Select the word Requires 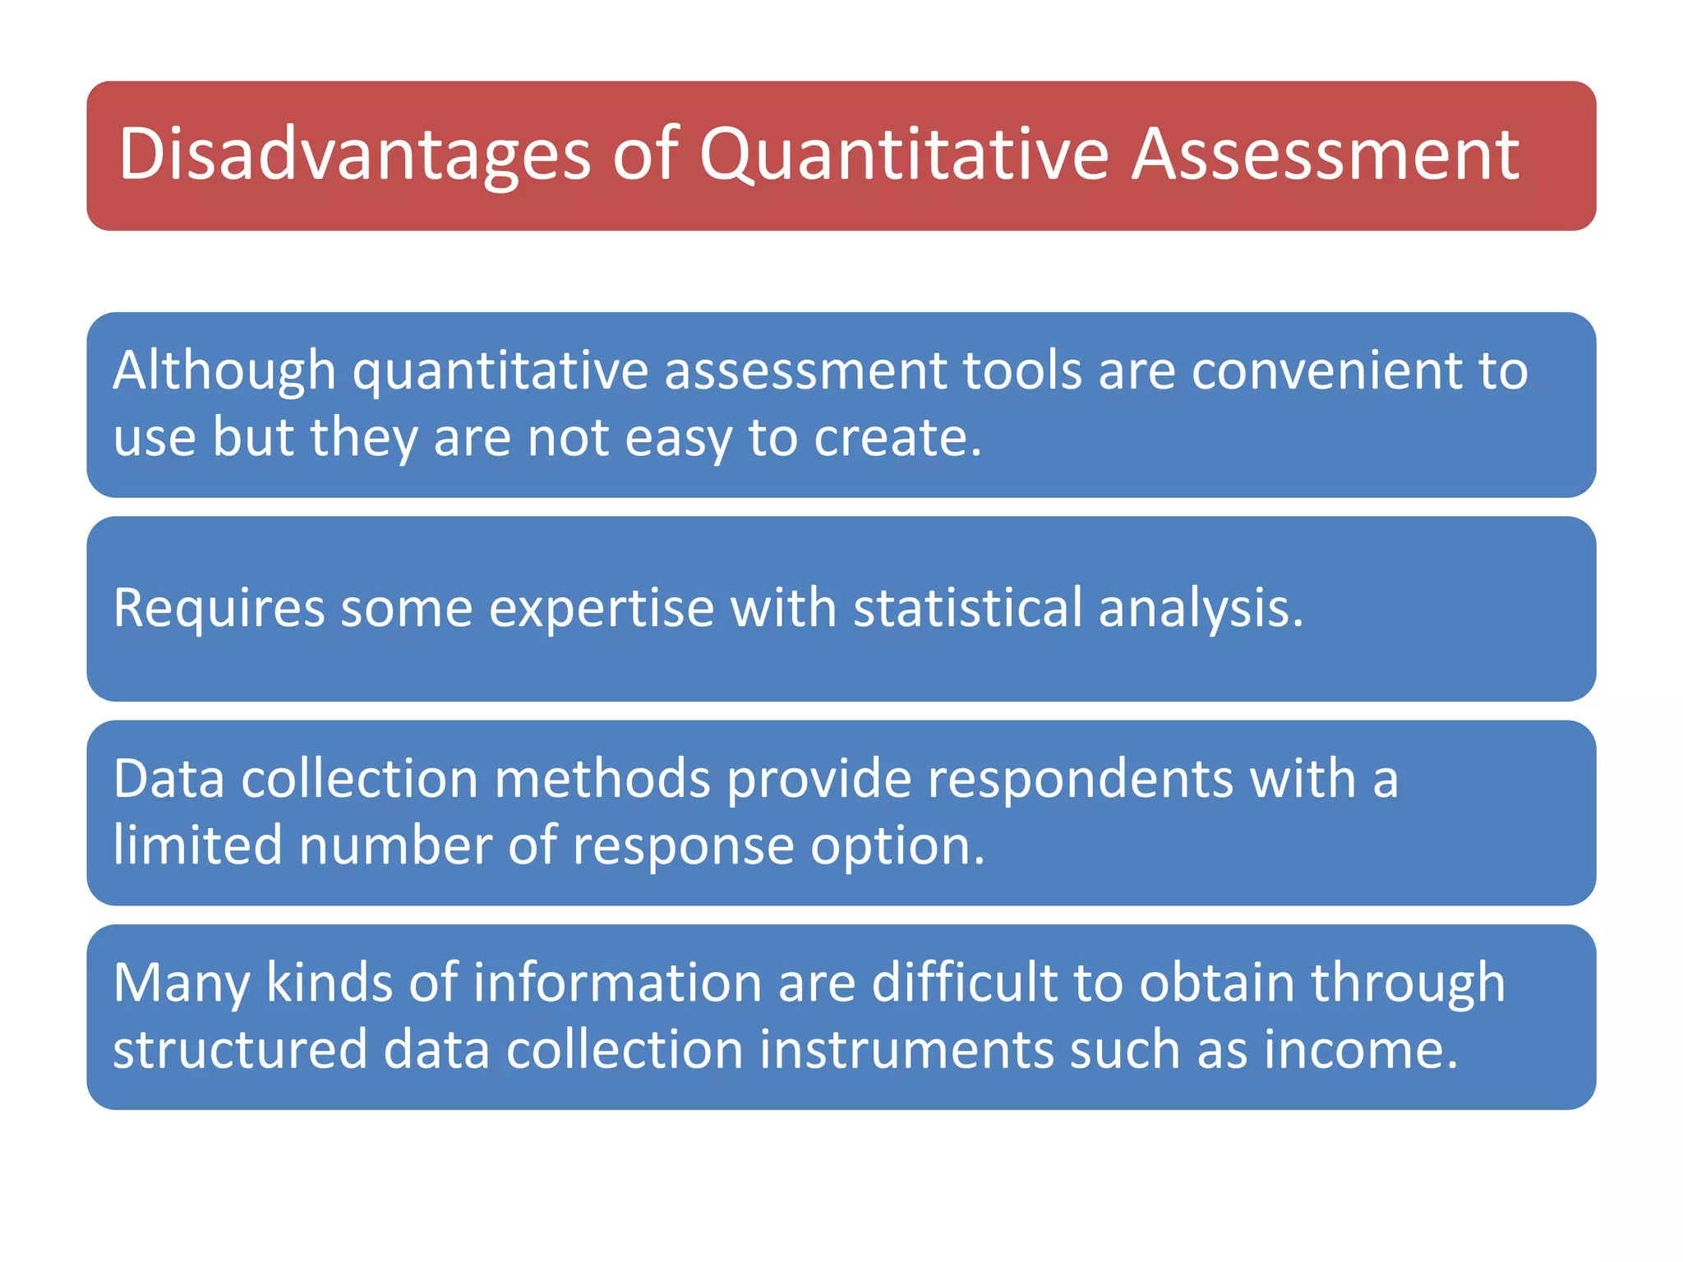[x=219, y=609]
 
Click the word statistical [x=967, y=609]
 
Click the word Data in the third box [x=168, y=779]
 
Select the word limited [x=198, y=845]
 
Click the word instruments [x=906, y=1050]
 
